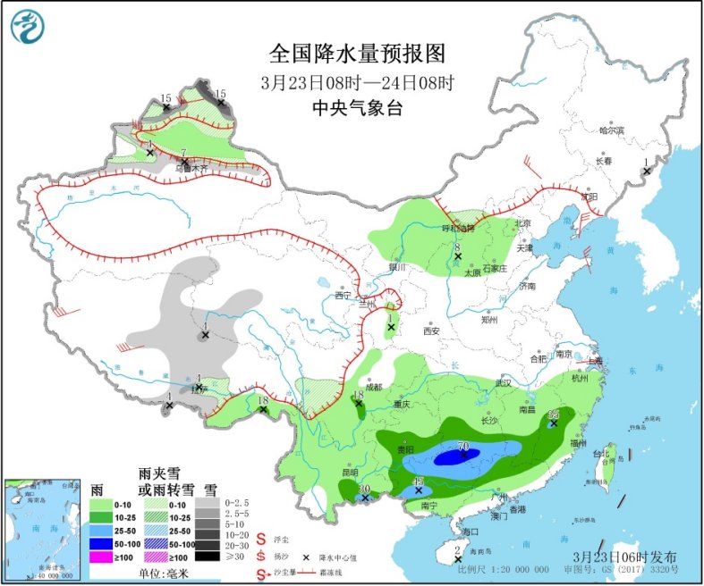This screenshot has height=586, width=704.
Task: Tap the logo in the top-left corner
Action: (x=27, y=26)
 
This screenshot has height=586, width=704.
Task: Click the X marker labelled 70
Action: (x=463, y=455)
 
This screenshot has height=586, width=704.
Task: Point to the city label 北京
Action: (x=523, y=223)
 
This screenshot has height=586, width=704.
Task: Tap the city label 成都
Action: (x=372, y=388)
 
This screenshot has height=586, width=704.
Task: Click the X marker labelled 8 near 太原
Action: (x=457, y=256)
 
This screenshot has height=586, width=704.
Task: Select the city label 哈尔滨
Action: (x=611, y=130)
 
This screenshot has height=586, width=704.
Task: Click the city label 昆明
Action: (x=348, y=473)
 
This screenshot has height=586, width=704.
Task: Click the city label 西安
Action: (x=432, y=331)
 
